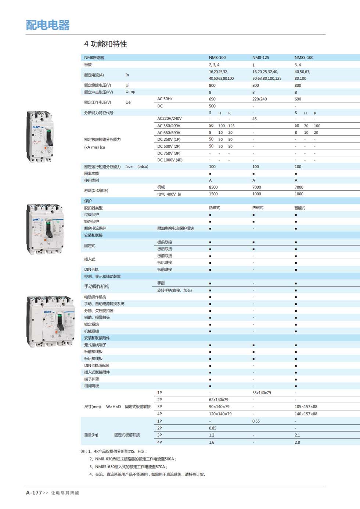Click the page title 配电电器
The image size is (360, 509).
[48, 25]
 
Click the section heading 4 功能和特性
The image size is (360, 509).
[105, 44]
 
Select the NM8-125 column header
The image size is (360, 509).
[260, 58]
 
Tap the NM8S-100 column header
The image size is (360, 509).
[304, 58]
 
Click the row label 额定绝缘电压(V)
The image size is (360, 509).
[97, 85]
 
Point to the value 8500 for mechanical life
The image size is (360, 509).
[213, 187]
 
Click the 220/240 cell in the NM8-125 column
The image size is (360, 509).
[259, 99]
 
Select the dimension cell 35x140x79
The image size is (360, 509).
[262, 393]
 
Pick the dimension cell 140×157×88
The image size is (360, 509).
[306, 414]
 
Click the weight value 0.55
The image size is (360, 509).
[256, 421]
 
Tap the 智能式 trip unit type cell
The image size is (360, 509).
[300, 208]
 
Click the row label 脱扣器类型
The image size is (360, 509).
[93, 208]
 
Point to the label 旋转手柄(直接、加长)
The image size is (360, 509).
[174, 290]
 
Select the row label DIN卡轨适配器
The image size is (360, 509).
[97, 365]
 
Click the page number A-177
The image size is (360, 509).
[34, 493]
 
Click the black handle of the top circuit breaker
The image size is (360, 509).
[49, 139]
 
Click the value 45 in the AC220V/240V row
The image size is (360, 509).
[254, 119]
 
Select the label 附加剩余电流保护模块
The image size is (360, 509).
[175, 228]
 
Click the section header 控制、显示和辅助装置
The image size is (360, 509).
[102, 277]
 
